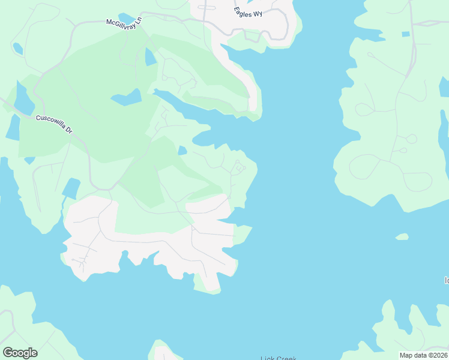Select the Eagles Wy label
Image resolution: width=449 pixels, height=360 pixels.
[x=249, y=12]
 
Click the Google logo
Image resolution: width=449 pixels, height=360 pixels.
[x=20, y=353]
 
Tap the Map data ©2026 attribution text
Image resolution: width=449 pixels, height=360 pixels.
[x=423, y=355]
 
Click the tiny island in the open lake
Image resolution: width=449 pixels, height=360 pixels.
[x=402, y=236]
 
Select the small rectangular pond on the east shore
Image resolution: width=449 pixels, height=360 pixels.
[x=405, y=34]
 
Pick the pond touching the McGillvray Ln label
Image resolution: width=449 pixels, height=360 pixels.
[x=126, y=18]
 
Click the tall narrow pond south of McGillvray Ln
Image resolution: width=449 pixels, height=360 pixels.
[x=151, y=57]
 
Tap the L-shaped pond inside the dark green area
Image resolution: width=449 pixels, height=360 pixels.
[x=127, y=97]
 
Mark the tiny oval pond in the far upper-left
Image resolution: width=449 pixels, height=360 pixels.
[x=17, y=48]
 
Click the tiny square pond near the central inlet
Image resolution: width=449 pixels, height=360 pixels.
[x=182, y=151]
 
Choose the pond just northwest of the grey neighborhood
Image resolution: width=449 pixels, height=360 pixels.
[x=71, y=188]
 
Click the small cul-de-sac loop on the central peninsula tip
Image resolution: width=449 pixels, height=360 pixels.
[x=238, y=167]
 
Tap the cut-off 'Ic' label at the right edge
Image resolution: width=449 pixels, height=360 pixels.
[x=446, y=280]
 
